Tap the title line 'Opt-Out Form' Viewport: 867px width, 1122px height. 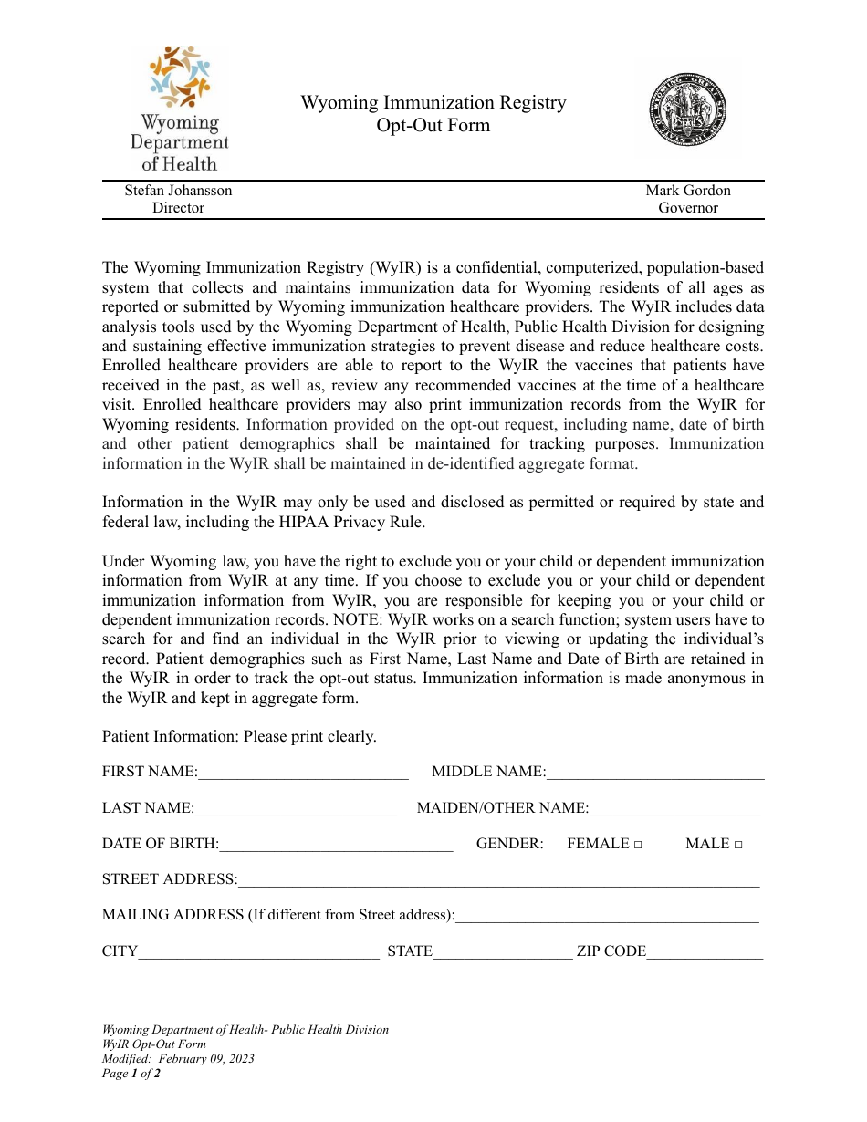433,126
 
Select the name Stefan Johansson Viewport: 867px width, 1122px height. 178,191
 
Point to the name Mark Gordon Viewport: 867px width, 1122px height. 688,191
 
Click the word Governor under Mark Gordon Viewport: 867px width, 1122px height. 688,208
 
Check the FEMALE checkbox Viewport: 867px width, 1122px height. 638,845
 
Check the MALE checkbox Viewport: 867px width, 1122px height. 737,845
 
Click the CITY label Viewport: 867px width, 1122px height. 120,951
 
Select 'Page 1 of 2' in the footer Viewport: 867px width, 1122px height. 131,1074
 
